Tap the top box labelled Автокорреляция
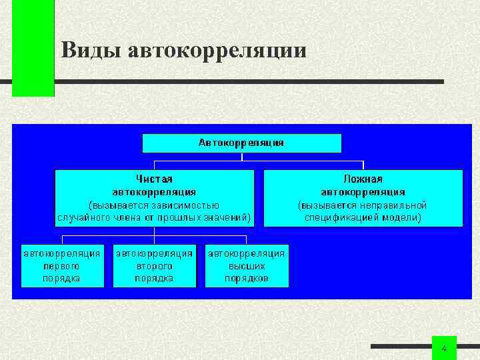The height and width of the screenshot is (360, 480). (x=241, y=143)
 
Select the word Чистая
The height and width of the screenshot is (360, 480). (x=154, y=179)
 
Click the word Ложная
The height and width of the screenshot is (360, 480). (x=363, y=179)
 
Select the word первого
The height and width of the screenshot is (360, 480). (x=62, y=265)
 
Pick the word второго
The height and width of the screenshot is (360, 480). (x=154, y=265)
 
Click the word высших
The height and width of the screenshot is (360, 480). (x=247, y=265)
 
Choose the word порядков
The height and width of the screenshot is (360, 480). (x=247, y=278)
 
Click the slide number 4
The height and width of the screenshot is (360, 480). (x=445, y=349)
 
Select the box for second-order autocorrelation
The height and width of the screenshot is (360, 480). (x=154, y=265)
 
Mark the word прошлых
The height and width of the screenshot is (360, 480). (x=180, y=217)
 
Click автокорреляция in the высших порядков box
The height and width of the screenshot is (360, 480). (x=247, y=253)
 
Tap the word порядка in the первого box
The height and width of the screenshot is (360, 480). (x=62, y=278)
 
